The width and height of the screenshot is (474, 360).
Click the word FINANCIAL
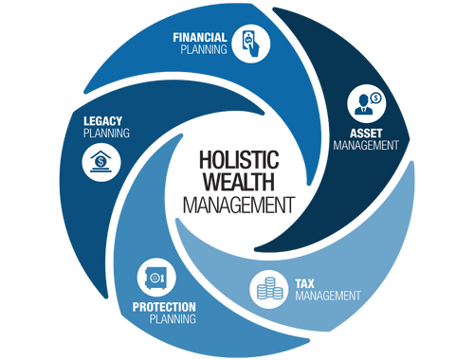pos(199,38)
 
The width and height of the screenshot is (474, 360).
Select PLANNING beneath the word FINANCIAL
pos(204,50)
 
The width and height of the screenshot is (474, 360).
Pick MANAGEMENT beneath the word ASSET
pos(366,146)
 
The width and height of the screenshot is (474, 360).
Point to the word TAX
pos(304,283)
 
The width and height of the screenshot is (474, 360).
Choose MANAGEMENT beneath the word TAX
pos(328,296)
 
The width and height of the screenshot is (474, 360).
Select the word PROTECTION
pos(164,307)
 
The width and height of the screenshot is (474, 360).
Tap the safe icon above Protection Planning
pos(155,277)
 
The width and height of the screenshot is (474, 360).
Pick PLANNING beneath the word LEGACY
pos(106,133)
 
